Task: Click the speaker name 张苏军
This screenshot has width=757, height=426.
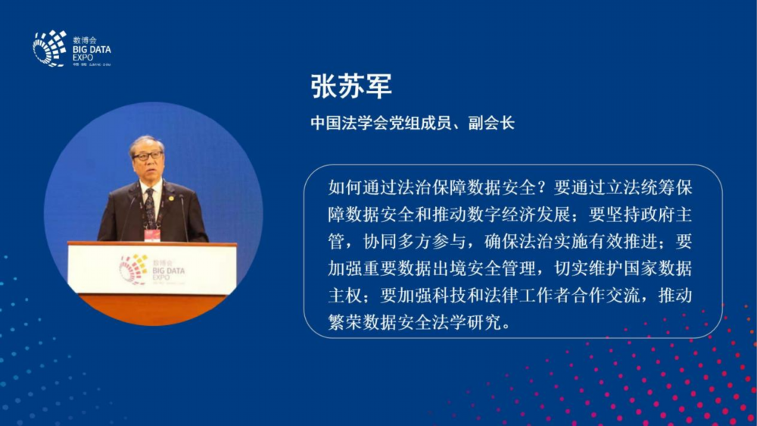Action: pyautogui.click(x=351, y=86)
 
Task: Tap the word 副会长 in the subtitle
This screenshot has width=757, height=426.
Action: pyautogui.click(x=491, y=124)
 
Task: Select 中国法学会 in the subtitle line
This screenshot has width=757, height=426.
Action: pyautogui.click(x=350, y=124)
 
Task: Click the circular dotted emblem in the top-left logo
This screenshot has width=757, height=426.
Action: pyautogui.click(x=49, y=49)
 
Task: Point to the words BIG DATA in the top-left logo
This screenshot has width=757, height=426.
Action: pyautogui.click(x=92, y=49)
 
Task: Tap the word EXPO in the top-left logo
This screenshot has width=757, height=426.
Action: pyautogui.click(x=83, y=58)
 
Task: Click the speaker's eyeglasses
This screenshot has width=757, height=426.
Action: pyautogui.click(x=148, y=156)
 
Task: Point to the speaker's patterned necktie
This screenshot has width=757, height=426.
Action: pyautogui.click(x=150, y=208)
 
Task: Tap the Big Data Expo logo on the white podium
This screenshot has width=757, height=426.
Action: pyautogui.click(x=151, y=270)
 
